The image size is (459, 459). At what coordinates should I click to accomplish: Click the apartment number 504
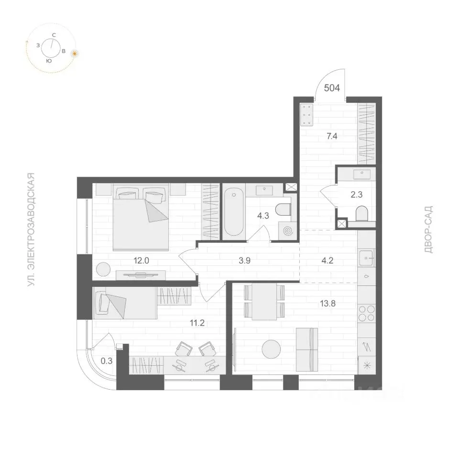click(x=332, y=87)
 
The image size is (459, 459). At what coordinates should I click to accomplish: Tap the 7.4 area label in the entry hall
click(x=332, y=136)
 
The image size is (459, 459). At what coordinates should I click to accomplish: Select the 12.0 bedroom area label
click(x=141, y=260)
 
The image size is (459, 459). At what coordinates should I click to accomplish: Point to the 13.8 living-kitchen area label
click(x=328, y=304)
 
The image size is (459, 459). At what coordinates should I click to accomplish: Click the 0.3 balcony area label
click(x=107, y=361)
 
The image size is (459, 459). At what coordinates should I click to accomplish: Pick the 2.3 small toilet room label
click(x=357, y=195)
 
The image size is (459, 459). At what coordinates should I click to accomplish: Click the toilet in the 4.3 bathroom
click(x=283, y=209)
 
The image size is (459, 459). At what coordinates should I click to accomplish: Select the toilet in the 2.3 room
click(x=361, y=213)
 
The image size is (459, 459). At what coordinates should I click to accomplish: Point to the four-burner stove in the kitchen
click(x=367, y=313)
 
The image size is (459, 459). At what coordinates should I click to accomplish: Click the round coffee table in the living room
click(x=271, y=349)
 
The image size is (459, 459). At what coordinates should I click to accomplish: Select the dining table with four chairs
click(x=264, y=302)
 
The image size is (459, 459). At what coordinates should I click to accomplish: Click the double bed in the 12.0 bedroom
click(x=141, y=217)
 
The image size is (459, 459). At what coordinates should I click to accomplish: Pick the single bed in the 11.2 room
click(x=125, y=303)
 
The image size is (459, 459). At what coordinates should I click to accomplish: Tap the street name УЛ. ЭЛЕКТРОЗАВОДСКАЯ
click(x=31, y=229)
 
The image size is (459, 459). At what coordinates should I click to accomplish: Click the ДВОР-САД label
click(x=428, y=229)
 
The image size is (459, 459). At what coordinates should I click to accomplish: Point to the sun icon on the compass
click(x=75, y=54)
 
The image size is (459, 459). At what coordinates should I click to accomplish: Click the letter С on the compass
click(x=54, y=35)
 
